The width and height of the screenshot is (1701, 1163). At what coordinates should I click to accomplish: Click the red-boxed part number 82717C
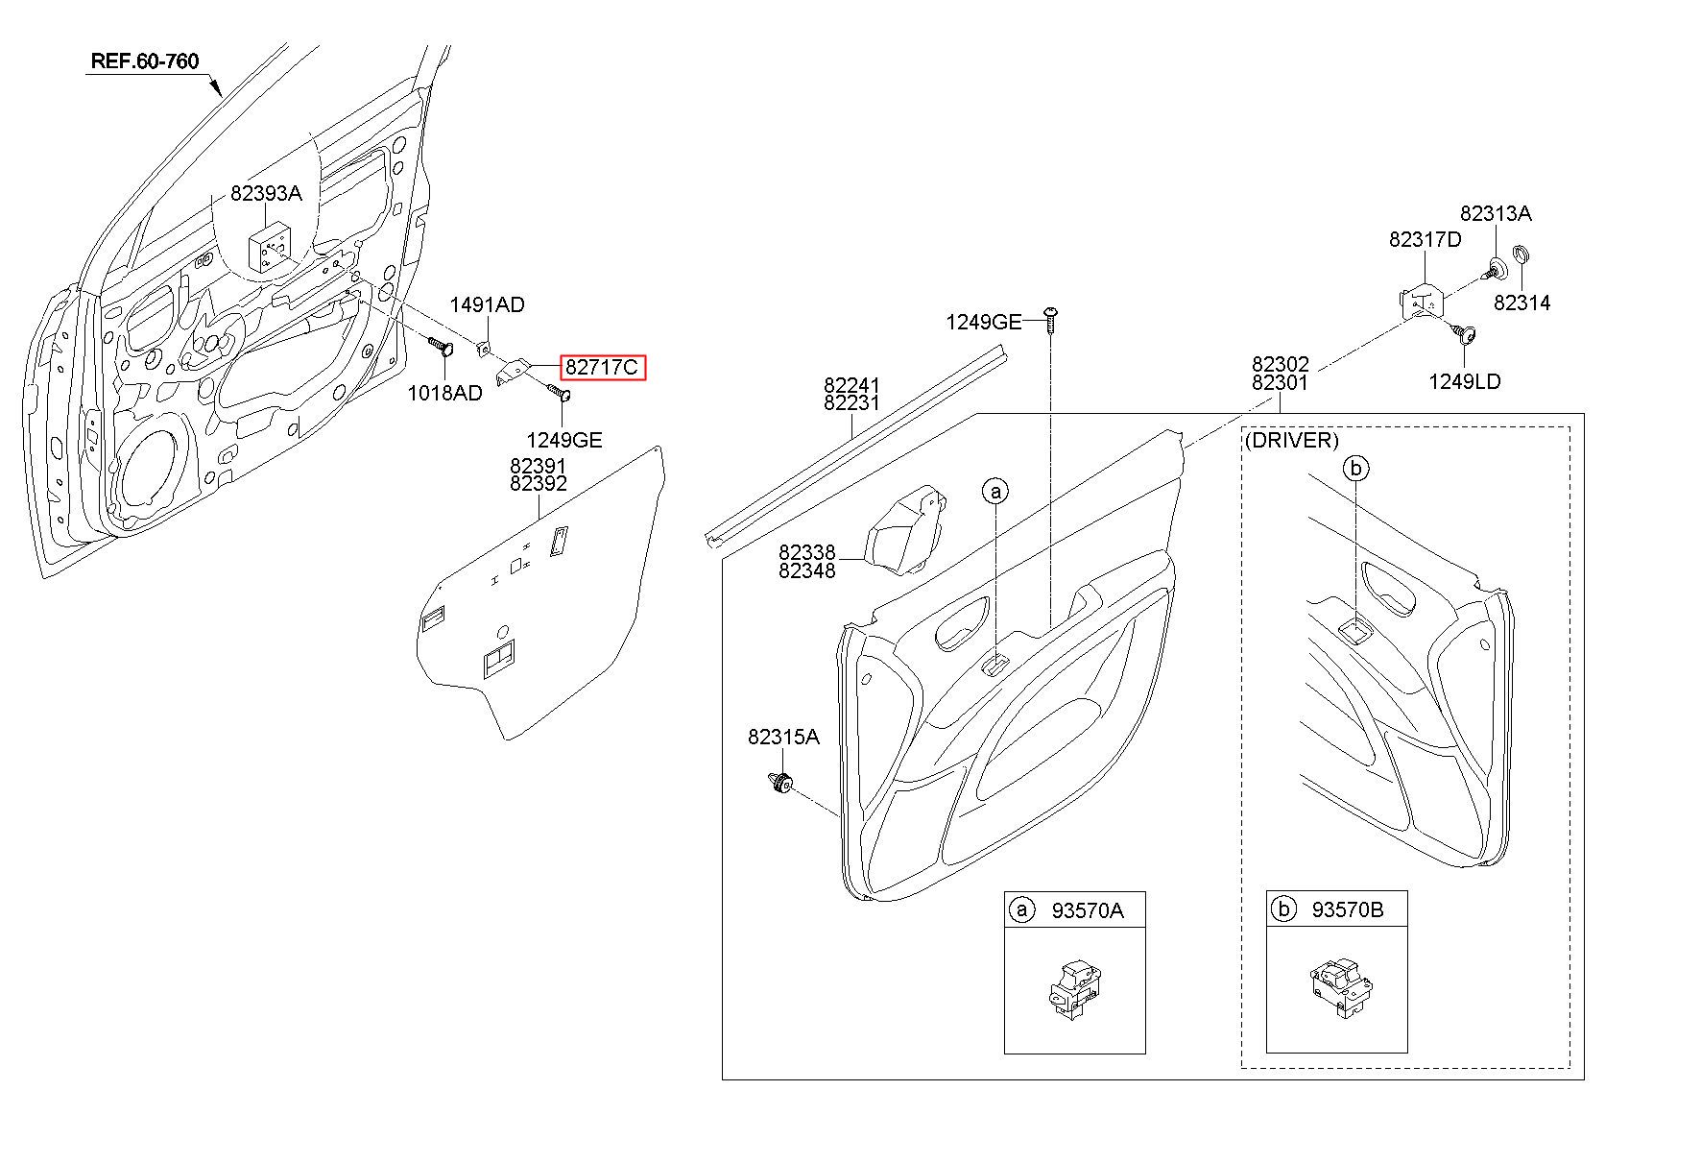[602, 367]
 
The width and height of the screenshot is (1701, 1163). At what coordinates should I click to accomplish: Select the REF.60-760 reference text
[145, 61]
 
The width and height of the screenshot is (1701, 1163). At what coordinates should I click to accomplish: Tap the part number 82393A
[266, 193]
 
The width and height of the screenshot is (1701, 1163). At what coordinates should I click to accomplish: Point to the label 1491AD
[488, 304]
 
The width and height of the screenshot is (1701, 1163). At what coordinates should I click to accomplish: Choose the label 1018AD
[444, 393]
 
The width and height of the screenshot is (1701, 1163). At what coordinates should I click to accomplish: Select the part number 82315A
[784, 737]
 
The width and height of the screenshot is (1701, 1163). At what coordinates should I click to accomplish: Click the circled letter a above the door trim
[995, 492]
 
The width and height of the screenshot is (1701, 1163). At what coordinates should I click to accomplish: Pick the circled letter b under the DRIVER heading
[1355, 469]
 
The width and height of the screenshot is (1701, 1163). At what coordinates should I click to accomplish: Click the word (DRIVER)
[1291, 440]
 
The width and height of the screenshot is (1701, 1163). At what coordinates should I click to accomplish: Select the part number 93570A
[1088, 910]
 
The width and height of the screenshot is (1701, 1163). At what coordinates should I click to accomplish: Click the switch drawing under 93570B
[1340, 985]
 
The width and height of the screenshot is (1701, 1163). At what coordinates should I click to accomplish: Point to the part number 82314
[1522, 303]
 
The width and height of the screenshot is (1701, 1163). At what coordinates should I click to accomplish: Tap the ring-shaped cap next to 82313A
[1521, 256]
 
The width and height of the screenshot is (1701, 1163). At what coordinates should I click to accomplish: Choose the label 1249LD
[1465, 381]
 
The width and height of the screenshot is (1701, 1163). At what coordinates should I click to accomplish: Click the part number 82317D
[1425, 239]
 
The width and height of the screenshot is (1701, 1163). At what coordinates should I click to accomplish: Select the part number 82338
[807, 552]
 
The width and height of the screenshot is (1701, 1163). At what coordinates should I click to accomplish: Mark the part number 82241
[851, 385]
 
